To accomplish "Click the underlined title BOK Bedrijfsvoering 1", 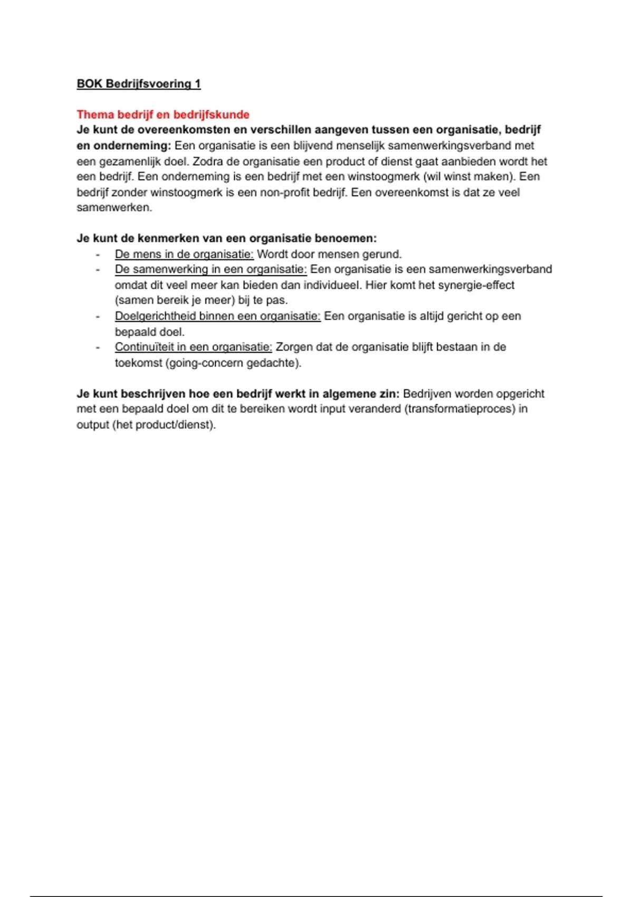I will click(139, 84).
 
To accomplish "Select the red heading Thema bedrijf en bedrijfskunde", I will click(163, 114).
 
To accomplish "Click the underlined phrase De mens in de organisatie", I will click(184, 254).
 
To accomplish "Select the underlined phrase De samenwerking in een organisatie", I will click(210, 270).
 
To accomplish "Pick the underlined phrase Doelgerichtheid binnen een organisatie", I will click(217, 316).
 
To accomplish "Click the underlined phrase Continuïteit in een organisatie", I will click(193, 347).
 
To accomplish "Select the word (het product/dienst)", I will click(164, 425).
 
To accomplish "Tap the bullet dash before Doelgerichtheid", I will click(98, 316).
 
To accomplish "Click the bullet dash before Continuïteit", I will click(98, 347).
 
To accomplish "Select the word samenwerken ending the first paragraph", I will click(113, 208).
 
